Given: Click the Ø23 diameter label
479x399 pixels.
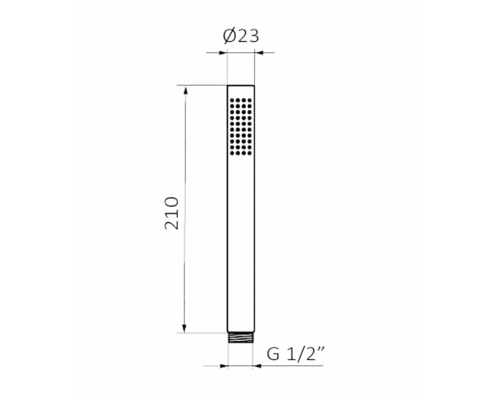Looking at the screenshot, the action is (241, 36).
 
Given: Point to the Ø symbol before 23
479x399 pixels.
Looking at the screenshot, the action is (230, 36).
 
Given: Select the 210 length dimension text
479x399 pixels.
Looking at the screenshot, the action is (172, 213).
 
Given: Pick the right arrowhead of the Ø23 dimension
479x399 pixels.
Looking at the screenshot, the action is (259, 53).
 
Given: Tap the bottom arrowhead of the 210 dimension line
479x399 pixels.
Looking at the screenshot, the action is (184, 329).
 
